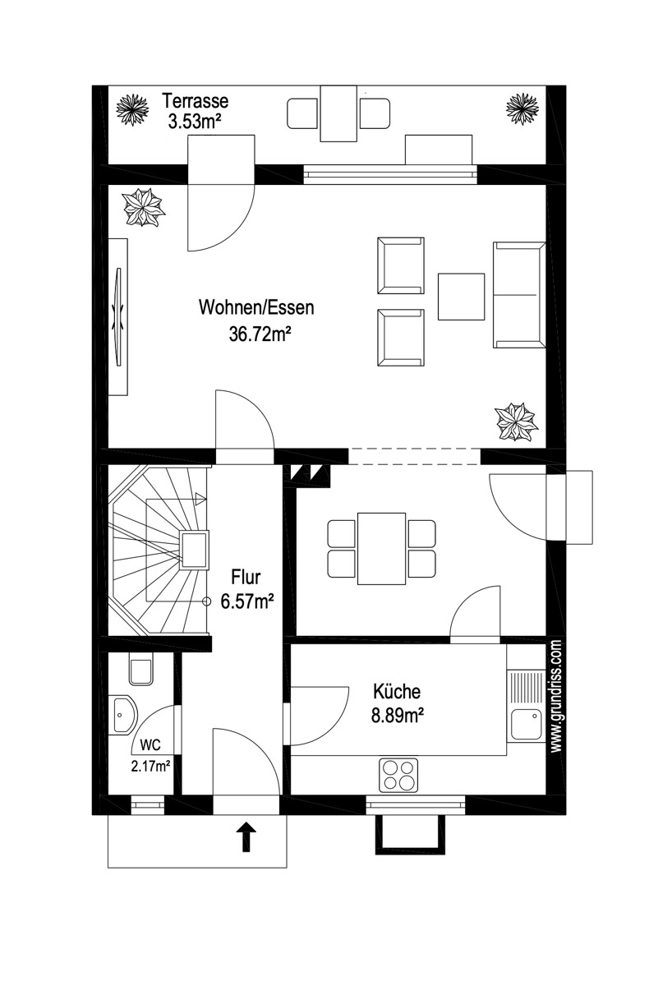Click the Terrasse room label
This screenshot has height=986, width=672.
[x=196, y=101]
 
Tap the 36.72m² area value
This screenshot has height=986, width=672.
[x=260, y=334]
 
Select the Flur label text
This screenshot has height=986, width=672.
[x=246, y=577]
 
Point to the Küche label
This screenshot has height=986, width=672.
[x=397, y=691]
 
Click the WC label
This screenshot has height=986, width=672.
[x=150, y=744]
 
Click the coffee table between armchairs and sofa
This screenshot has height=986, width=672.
[x=461, y=297]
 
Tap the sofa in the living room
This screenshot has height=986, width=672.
[x=519, y=295]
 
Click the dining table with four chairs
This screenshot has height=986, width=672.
[x=381, y=549]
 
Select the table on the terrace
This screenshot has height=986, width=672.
[x=338, y=113]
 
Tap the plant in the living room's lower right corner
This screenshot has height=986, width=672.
[x=517, y=421]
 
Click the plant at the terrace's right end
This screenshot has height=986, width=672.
[x=522, y=108]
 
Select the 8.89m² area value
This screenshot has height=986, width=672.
[x=398, y=716]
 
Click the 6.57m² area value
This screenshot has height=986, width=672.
[x=247, y=601]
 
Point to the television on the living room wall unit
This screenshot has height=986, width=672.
[x=118, y=316]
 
